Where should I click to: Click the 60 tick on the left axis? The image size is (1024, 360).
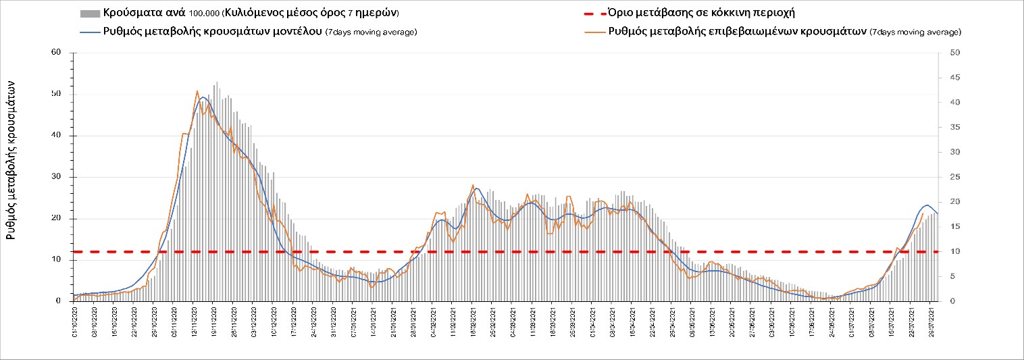click(x=56, y=53)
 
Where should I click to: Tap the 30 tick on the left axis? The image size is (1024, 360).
click(x=56, y=177)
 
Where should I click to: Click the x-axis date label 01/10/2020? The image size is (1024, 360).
click(x=75, y=322)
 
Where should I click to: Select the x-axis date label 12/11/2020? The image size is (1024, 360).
click(x=195, y=322)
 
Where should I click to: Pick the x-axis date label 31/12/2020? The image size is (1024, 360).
click(x=334, y=322)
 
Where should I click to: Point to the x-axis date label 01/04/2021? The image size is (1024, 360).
click(x=592, y=322)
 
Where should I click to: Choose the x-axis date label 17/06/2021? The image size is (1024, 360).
click(x=811, y=322)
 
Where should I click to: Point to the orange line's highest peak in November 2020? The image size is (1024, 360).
click(x=197, y=91)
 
